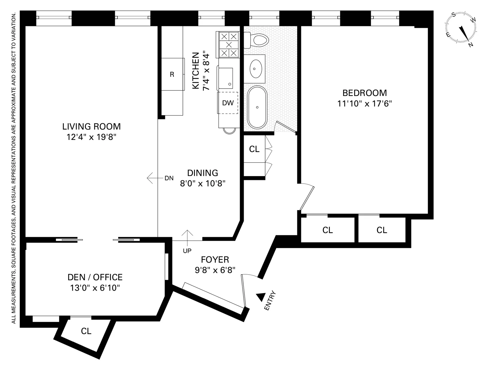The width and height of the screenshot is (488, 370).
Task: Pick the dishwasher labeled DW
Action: [x=228, y=103]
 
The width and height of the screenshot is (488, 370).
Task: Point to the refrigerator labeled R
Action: [x=172, y=75]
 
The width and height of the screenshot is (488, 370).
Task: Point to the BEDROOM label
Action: [x=365, y=93]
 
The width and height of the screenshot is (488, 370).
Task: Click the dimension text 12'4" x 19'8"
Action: [x=91, y=137]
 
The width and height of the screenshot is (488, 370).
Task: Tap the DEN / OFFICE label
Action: [x=95, y=277]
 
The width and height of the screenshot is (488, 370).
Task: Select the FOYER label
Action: [x=215, y=260]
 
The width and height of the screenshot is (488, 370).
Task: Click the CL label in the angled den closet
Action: [x=86, y=331]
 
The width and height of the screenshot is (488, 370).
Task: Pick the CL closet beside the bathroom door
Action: [x=254, y=149]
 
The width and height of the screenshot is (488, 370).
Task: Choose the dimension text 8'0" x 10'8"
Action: [x=203, y=184]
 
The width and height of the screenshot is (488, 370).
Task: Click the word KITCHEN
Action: [x=196, y=71]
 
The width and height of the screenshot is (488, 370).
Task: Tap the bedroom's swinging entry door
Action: [x=306, y=198]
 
